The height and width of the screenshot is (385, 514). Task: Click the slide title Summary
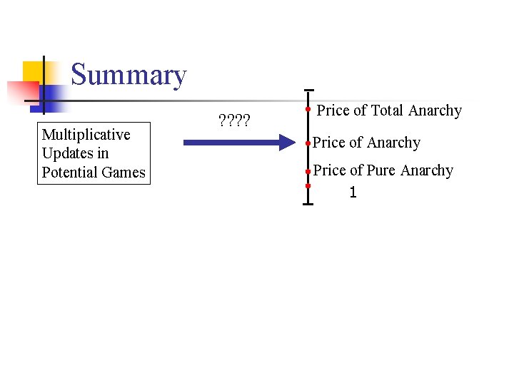point(128,75)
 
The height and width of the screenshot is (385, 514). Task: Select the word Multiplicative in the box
point(86,135)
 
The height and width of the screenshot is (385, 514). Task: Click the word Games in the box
point(124,173)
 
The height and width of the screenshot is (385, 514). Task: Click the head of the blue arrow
point(278,143)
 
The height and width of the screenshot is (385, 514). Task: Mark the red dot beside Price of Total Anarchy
point(308,111)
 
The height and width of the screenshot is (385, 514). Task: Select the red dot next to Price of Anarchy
point(308,143)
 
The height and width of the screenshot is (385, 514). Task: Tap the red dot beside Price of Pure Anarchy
point(308,171)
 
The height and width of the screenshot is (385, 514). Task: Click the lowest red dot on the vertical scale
point(308,187)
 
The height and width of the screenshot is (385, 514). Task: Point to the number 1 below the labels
point(353,192)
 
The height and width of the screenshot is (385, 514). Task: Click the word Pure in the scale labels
point(382,170)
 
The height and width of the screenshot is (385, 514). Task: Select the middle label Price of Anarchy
point(366,143)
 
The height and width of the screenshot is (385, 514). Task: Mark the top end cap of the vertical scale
point(308,91)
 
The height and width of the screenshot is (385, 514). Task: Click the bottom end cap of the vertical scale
point(308,205)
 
